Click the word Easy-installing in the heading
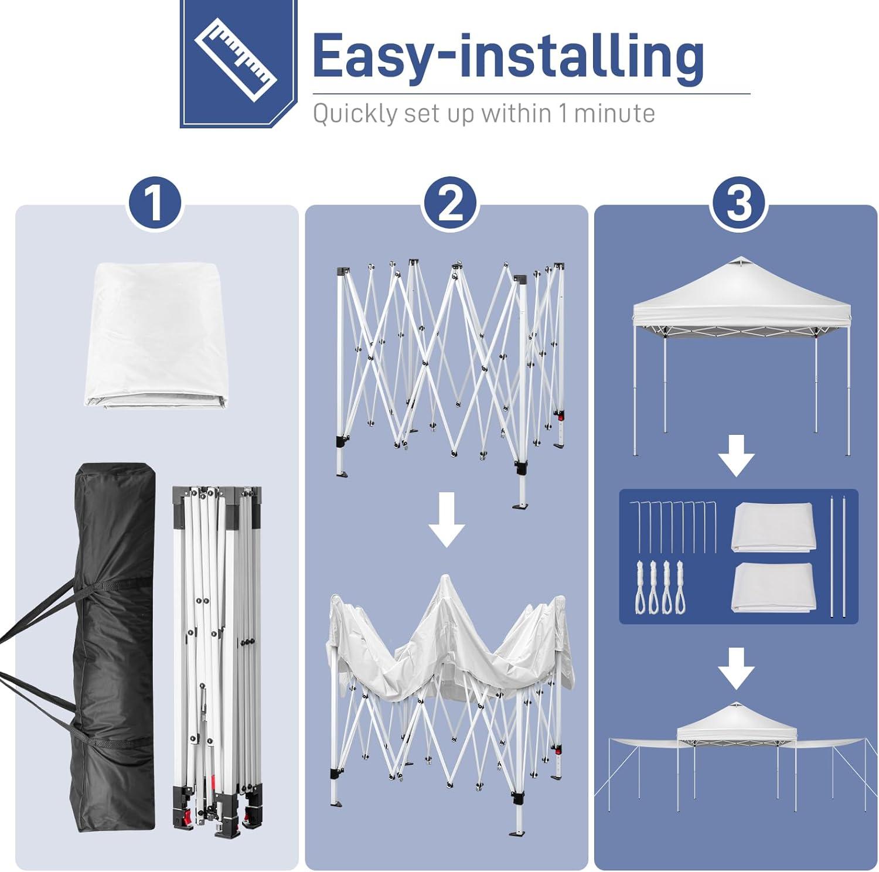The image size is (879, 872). pos(508,56)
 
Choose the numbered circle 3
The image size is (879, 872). pos(738,203)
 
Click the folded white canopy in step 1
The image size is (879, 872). pos(155,335)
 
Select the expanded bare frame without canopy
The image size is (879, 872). pos(450,381)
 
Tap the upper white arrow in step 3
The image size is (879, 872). pos(737,455)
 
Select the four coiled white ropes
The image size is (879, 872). pos(659,587)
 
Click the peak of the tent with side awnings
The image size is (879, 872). pos(737,703)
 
